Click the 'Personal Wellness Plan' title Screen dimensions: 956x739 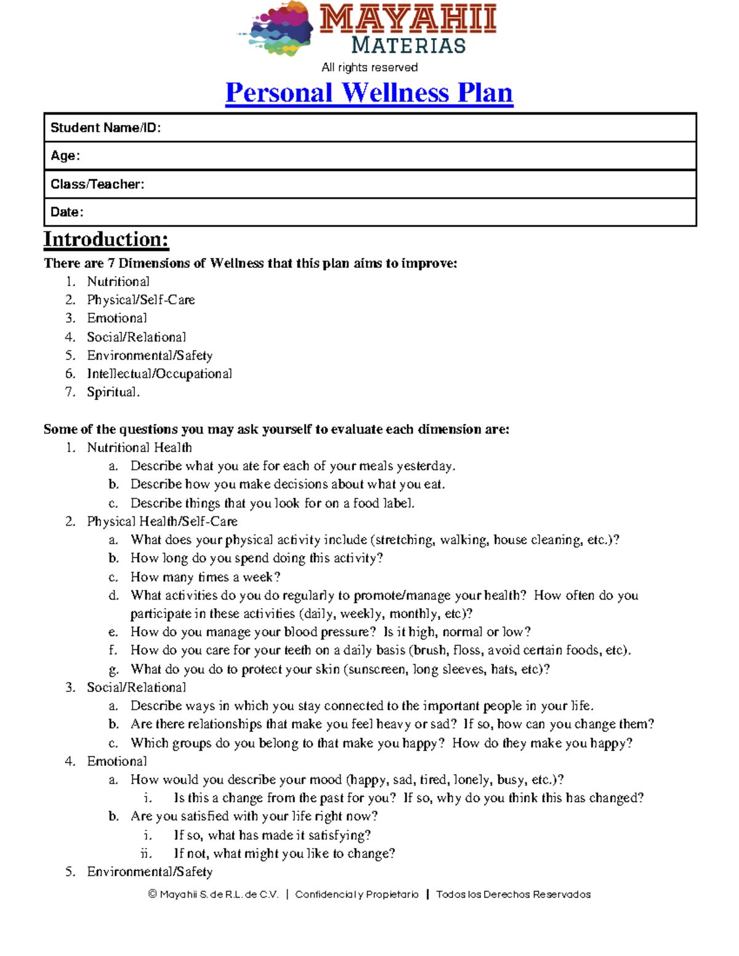tap(369, 93)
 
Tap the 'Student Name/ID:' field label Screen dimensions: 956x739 tap(105, 128)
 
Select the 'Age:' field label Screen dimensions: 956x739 tap(65, 156)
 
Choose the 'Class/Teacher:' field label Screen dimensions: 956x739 tap(97, 184)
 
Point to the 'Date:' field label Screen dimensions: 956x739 tap(67, 212)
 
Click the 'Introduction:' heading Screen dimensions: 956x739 tap(106, 239)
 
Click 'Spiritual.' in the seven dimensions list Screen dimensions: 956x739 tap(113, 392)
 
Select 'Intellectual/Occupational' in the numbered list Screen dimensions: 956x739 tap(160, 374)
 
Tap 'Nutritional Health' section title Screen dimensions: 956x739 tap(139, 448)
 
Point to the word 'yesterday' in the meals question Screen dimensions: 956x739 tap(425, 466)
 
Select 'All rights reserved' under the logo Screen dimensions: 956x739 tap(369, 67)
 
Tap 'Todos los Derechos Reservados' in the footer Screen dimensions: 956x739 tap(513, 894)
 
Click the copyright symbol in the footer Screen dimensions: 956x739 tap(153, 894)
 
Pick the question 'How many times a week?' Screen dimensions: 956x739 tap(205, 577)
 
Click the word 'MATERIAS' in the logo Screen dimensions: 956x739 tap(408, 46)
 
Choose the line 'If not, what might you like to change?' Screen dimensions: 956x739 tap(284, 853)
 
